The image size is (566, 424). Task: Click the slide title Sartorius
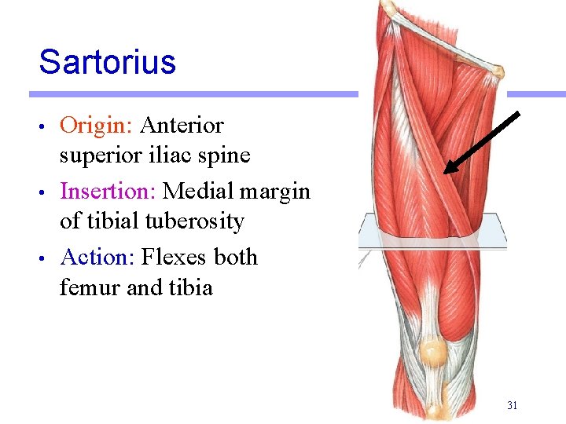107,62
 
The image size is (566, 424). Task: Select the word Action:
97,258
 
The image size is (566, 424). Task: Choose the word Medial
198,192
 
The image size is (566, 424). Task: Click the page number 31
512,406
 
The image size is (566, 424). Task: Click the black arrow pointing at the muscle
482,142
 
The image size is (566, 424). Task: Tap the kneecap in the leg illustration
432,351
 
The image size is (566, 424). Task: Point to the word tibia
189,287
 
